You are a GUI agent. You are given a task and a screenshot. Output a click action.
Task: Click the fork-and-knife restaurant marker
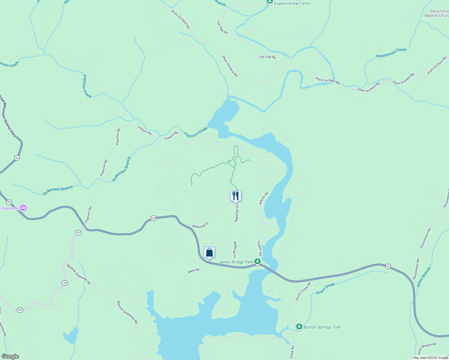click(x=236, y=196)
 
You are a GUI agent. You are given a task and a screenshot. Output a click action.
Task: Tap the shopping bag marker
click(x=209, y=252)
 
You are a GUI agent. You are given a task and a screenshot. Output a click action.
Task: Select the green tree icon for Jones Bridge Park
click(x=257, y=262)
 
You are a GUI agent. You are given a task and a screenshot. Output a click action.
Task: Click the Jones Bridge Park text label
click(x=236, y=262)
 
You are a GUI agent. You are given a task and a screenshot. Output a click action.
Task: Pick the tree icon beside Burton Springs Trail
click(x=299, y=327)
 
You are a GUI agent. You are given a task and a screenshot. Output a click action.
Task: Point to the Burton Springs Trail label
click(x=322, y=327)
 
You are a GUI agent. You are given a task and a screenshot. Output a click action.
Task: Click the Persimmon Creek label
click(x=391, y=53)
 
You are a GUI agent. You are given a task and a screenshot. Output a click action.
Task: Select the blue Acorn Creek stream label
click(x=325, y=288)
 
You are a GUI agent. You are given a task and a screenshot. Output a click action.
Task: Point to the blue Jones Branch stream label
click(x=423, y=277)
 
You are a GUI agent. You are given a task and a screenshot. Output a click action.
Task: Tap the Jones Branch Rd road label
click(x=427, y=349)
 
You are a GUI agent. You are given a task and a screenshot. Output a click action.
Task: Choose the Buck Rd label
click(x=194, y=271)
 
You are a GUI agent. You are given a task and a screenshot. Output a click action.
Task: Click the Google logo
click(x=10, y=356)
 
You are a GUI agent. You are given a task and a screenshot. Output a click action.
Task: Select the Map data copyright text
click(x=430, y=358)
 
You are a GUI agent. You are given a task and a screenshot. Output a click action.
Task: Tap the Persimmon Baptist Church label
click(x=437, y=13)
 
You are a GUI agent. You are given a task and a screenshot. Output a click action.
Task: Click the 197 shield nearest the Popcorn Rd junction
click(x=78, y=232)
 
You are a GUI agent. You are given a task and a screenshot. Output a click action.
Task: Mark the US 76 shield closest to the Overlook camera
click(x=9, y=202)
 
